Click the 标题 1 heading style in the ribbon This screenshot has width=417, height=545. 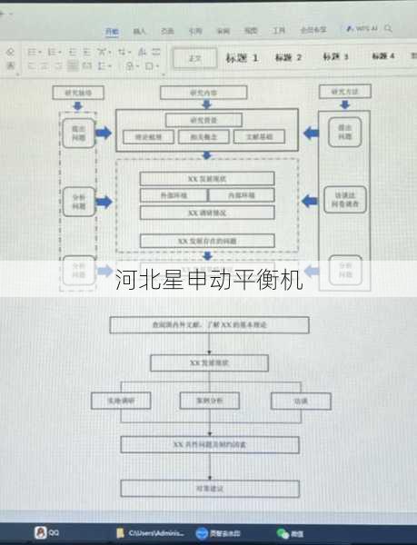tap(243, 58)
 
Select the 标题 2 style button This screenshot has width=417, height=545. tap(289, 58)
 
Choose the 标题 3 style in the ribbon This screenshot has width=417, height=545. tap(334, 57)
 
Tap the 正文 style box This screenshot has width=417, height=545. tap(194, 58)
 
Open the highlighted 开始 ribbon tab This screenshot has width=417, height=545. tap(112, 31)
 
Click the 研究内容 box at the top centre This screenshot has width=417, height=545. tap(204, 93)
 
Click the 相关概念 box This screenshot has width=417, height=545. tap(204, 136)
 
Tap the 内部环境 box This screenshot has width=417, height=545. tap(241, 195)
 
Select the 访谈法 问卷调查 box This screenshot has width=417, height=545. tap(343, 200)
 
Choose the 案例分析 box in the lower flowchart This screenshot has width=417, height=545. tap(211, 401)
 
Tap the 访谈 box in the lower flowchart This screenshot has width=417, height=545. tap(300, 401)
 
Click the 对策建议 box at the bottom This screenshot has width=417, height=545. tap(209, 489)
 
